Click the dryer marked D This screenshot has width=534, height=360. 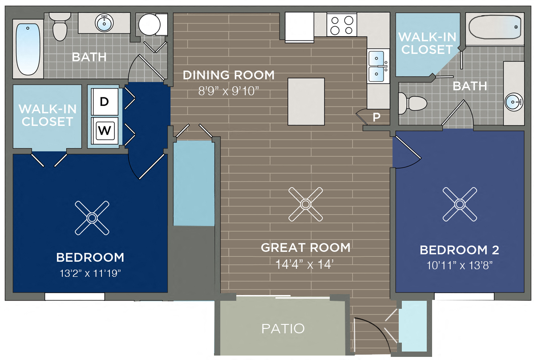(105, 101)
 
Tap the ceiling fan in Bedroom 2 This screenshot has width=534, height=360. (460, 204)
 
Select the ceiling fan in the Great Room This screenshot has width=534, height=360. (305, 204)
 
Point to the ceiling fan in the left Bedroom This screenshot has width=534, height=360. (92, 218)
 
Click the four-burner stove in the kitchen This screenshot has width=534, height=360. (342, 25)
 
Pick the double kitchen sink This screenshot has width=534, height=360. (377, 65)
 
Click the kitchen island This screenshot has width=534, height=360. (306, 101)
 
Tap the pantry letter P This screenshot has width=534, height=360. (376, 117)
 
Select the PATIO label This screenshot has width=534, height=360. (283, 329)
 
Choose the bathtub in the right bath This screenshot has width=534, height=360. (495, 28)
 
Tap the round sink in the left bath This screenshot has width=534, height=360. (105, 23)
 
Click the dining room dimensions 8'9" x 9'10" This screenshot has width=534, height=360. (229, 91)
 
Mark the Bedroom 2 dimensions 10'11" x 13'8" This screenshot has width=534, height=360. (459, 265)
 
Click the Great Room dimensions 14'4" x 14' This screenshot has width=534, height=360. (305, 264)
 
